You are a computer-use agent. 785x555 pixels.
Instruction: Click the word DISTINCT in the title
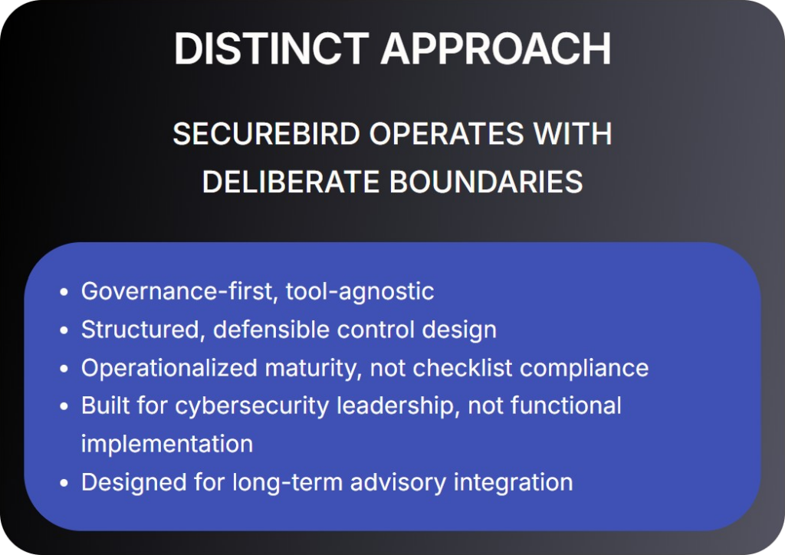point(271,48)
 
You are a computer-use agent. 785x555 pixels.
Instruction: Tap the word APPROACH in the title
point(496,48)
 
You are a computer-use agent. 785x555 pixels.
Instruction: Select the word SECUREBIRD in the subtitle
point(266,134)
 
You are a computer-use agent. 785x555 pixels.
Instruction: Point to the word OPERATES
point(446,134)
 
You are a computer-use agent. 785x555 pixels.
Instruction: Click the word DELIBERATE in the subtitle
point(291,181)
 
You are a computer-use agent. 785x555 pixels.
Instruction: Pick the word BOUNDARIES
point(486,181)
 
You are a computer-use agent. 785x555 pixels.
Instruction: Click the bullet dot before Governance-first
point(64,292)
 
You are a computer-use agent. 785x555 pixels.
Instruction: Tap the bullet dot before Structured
point(64,330)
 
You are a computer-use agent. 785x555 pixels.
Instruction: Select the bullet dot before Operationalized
point(64,368)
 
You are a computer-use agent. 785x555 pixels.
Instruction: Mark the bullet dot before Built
point(64,406)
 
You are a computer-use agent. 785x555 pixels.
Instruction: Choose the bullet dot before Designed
point(64,483)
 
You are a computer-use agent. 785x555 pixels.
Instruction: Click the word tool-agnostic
point(360,292)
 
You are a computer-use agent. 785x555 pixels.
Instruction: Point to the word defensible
point(271,330)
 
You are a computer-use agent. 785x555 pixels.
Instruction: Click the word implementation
point(167,445)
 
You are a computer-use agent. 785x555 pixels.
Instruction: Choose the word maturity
point(313,369)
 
